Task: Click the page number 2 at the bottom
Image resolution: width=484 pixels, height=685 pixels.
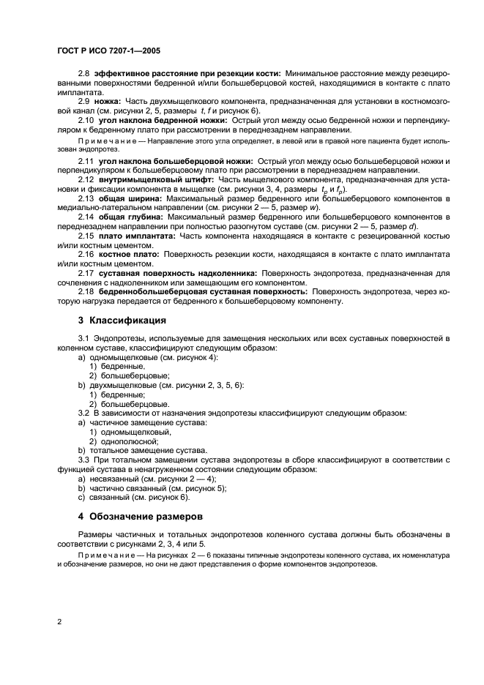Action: pyautogui.click(x=59, y=621)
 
